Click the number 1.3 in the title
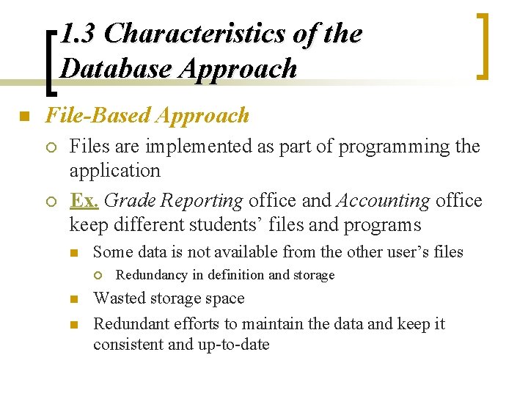(78, 34)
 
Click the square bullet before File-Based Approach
(24, 117)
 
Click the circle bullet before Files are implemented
(51, 147)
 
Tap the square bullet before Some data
(73, 253)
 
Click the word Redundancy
(152, 275)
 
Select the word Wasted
(121, 298)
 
